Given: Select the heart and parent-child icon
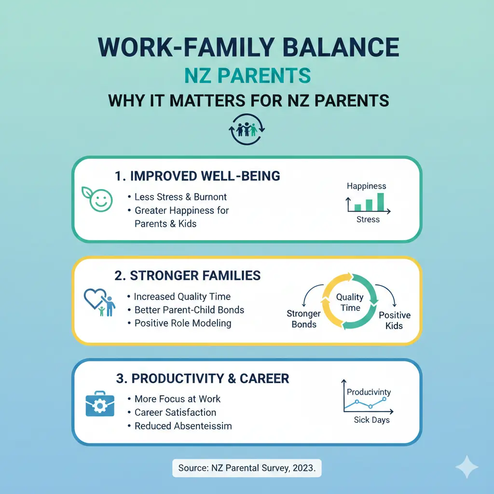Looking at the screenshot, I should [100, 303].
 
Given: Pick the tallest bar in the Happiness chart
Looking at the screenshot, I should [380, 202].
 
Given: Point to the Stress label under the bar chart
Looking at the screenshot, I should [368, 220].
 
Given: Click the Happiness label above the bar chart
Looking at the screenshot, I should [367, 186].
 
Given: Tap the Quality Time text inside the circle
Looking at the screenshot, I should [349, 303].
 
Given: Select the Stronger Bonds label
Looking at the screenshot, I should [303, 319].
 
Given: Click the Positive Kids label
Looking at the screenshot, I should [395, 320].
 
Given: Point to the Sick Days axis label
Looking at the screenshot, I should [371, 420].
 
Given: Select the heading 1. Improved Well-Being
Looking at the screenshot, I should [198, 176].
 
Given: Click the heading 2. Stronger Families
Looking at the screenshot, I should [188, 275].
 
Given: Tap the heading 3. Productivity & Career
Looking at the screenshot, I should [202, 378].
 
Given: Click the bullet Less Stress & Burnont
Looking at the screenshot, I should [180, 197].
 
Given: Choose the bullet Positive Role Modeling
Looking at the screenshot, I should [182, 323].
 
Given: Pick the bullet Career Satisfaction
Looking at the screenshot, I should [175, 412].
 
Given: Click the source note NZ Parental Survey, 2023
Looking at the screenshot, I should [247, 467].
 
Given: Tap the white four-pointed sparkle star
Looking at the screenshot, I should [467, 467].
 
